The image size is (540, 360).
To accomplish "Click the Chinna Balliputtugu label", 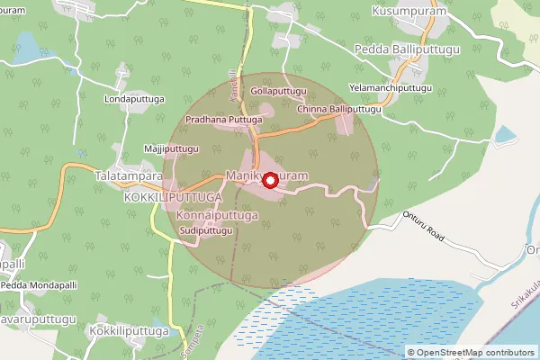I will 340,109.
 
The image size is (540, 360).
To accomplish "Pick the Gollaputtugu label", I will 279,92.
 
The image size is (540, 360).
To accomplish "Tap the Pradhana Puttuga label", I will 223,119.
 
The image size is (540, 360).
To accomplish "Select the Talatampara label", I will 128,177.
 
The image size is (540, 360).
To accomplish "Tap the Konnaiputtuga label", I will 218,216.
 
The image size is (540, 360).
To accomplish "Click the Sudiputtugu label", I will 207,231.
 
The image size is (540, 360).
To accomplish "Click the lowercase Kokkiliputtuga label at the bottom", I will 130,331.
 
